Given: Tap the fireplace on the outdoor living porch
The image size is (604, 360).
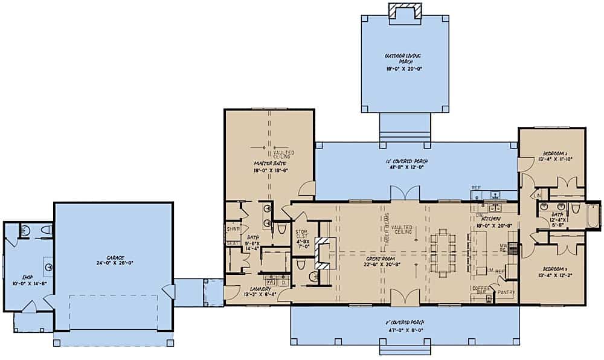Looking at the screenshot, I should [402, 10].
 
